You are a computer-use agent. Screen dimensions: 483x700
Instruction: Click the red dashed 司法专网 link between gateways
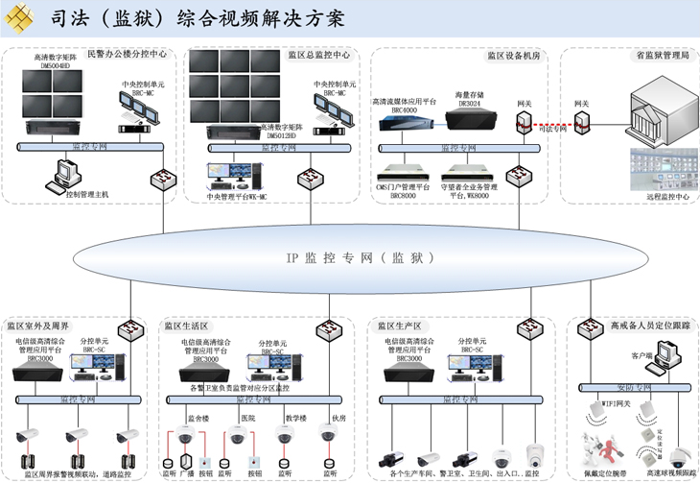coord(552,123)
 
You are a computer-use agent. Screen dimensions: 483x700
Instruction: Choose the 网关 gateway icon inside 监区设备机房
coord(524,122)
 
